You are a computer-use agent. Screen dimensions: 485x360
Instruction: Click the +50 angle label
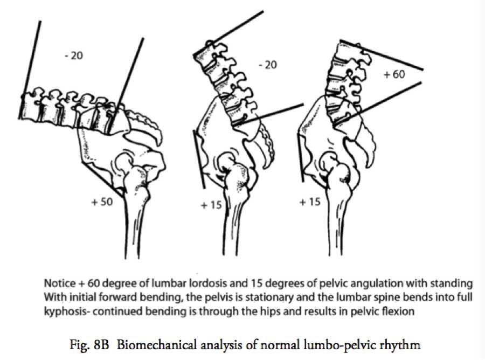tap(102, 202)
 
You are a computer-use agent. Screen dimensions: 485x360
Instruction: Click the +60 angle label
tap(394, 74)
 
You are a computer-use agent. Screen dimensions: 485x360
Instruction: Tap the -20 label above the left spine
tap(74, 56)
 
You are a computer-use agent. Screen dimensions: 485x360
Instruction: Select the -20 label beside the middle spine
tap(267, 65)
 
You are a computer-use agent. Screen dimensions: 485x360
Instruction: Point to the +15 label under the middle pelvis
tap(211, 205)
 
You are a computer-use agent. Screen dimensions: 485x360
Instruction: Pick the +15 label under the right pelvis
tap(310, 202)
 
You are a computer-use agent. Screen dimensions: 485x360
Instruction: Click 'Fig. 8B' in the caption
tap(89, 345)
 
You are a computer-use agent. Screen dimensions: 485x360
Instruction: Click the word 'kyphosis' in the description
tap(66, 311)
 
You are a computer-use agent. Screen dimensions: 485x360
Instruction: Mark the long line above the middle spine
tap(228, 33)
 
